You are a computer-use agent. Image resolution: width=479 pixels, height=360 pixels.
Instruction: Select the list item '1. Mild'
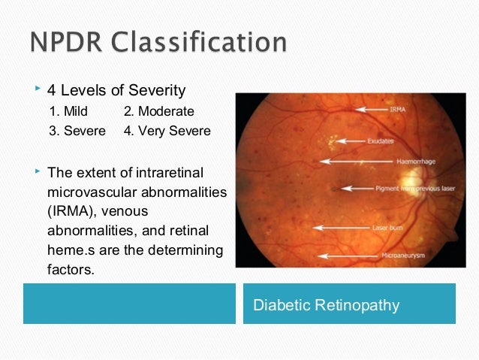(x=68, y=111)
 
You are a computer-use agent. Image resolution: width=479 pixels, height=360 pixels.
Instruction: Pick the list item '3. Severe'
(x=74, y=131)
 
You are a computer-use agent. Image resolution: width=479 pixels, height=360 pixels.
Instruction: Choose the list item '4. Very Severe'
(x=168, y=131)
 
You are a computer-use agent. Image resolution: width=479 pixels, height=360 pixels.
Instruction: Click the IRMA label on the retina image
(x=399, y=109)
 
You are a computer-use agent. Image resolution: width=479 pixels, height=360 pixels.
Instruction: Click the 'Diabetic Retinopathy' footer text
(x=326, y=306)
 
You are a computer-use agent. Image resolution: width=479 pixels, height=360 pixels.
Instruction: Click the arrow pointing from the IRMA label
(x=360, y=109)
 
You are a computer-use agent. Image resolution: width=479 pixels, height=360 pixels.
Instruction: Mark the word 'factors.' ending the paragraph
(x=71, y=268)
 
